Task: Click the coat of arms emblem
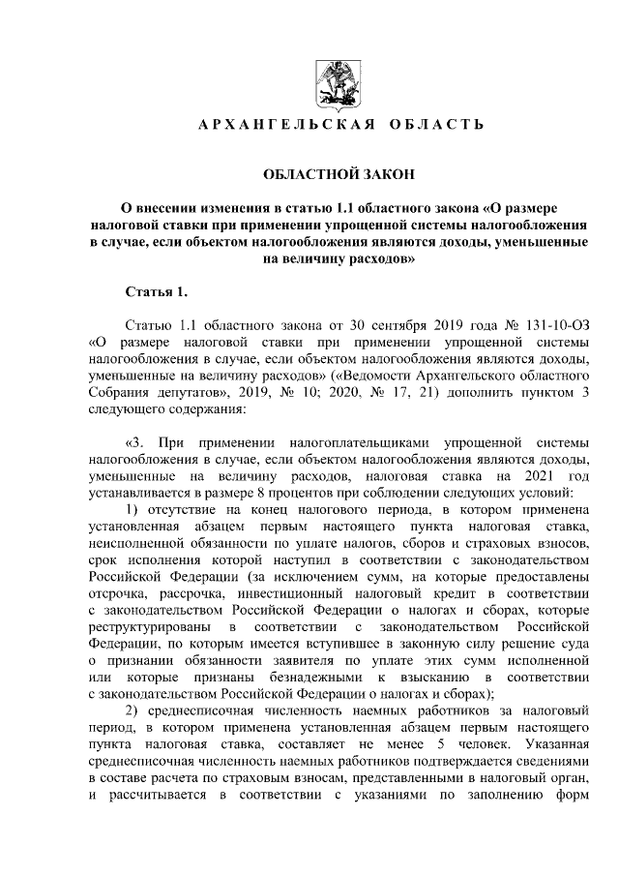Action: (x=338, y=80)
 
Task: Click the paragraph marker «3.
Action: (x=134, y=438)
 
